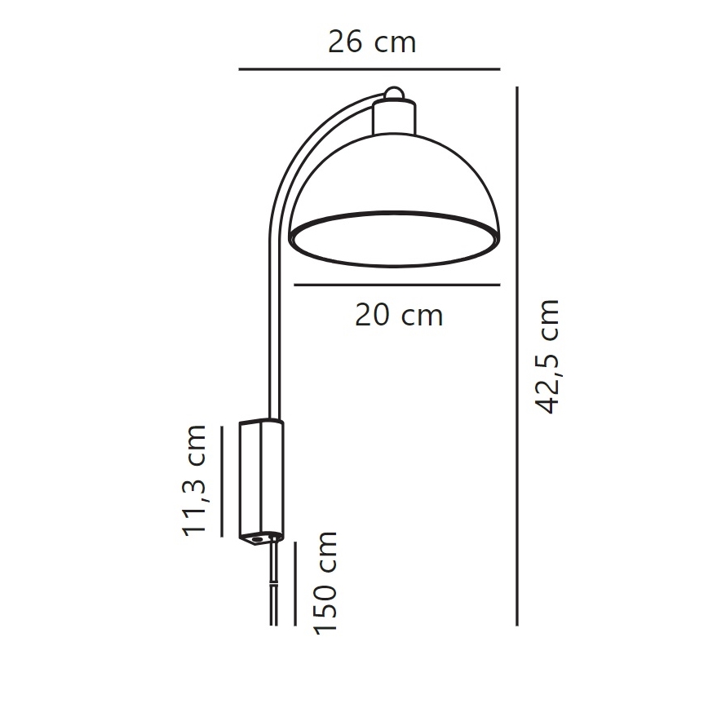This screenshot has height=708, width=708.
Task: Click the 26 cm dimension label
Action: pyautogui.click(x=372, y=41)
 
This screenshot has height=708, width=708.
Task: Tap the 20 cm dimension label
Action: pyautogui.click(x=398, y=315)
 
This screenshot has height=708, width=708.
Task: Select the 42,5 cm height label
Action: pyautogui.click(x=551, y=356)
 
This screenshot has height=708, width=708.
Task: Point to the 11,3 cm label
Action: pyautogui.click(x=196, y=480)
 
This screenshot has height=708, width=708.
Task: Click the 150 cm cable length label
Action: pyautogui.click(x=325, y=582)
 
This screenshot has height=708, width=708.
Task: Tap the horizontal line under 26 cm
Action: pyautogui.click(x=369, y=70)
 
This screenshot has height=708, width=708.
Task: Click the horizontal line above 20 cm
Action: pyautogui.click(x=396, y=285)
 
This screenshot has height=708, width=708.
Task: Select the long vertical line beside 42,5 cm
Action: pyautogui.click(x=517, y=356)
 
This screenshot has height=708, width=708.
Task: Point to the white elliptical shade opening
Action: pyautogui.click(x=393, y=241)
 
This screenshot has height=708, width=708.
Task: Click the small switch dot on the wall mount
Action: pyautogui.click(x=259, y=538)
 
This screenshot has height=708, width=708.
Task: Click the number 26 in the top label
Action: pyautogui.click(x=344, y=41)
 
